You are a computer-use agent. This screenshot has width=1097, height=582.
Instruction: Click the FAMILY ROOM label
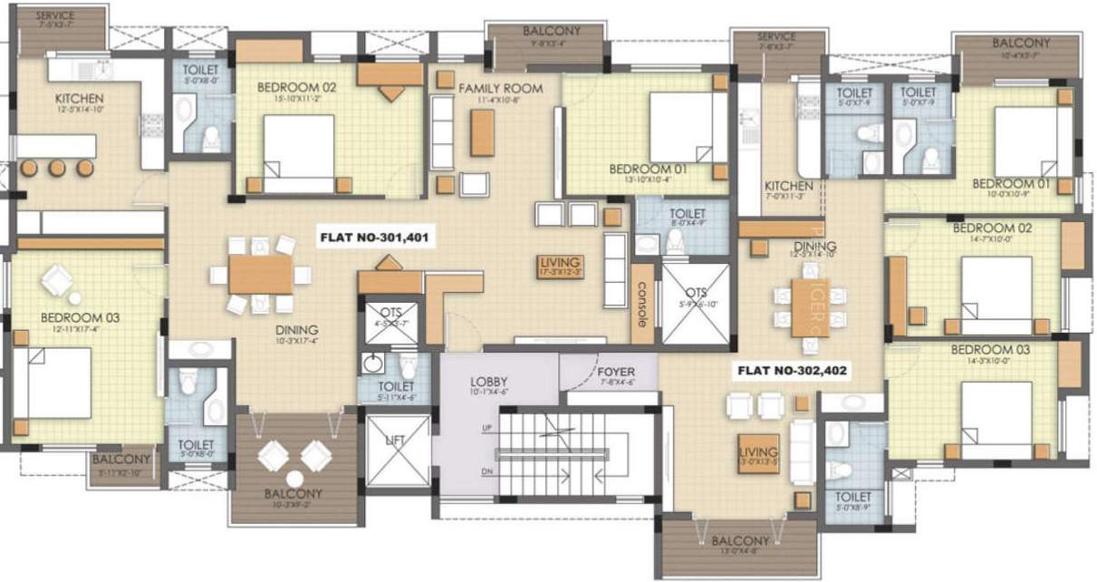coord(499,88)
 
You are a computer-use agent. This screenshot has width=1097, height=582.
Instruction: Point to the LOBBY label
coord(488,381)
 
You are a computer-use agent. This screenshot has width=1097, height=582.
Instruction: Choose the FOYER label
coord(616,373)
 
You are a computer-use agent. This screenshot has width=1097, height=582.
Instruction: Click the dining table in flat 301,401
coord(261,275)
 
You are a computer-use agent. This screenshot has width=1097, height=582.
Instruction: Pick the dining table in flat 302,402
coord(810,306)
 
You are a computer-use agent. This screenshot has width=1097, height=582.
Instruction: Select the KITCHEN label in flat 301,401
coord(79,98)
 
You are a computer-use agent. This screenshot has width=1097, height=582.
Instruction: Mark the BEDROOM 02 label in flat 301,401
coord(296,87)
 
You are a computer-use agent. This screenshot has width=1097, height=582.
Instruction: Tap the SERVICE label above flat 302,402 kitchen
coord(776,37)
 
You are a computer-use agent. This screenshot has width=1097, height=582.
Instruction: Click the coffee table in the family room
coord(482,132)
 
